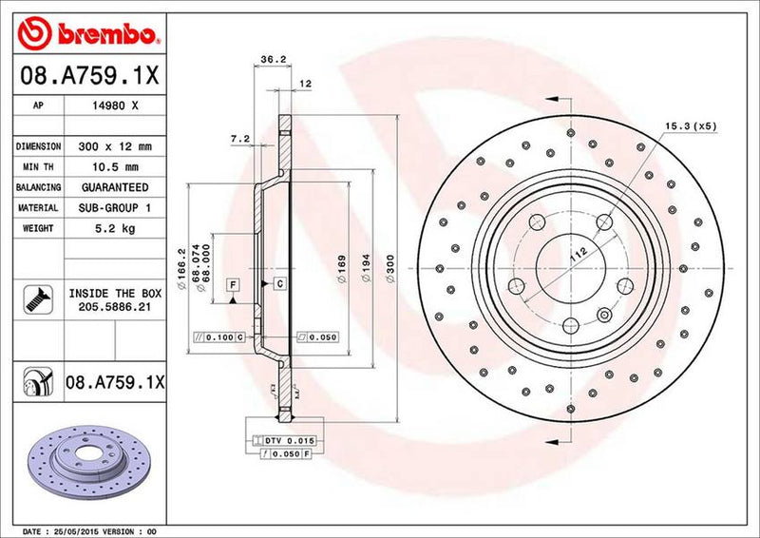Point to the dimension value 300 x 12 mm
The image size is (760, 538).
point(115,147)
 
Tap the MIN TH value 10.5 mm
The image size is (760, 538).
point(115,167)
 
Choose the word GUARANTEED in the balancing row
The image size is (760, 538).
point(115,187)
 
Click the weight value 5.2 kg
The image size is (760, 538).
point(115,228)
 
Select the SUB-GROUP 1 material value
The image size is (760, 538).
point(115,207)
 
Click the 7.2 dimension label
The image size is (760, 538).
point(239,139)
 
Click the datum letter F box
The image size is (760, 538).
point(232,284)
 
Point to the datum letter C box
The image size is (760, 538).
point(280,284)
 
